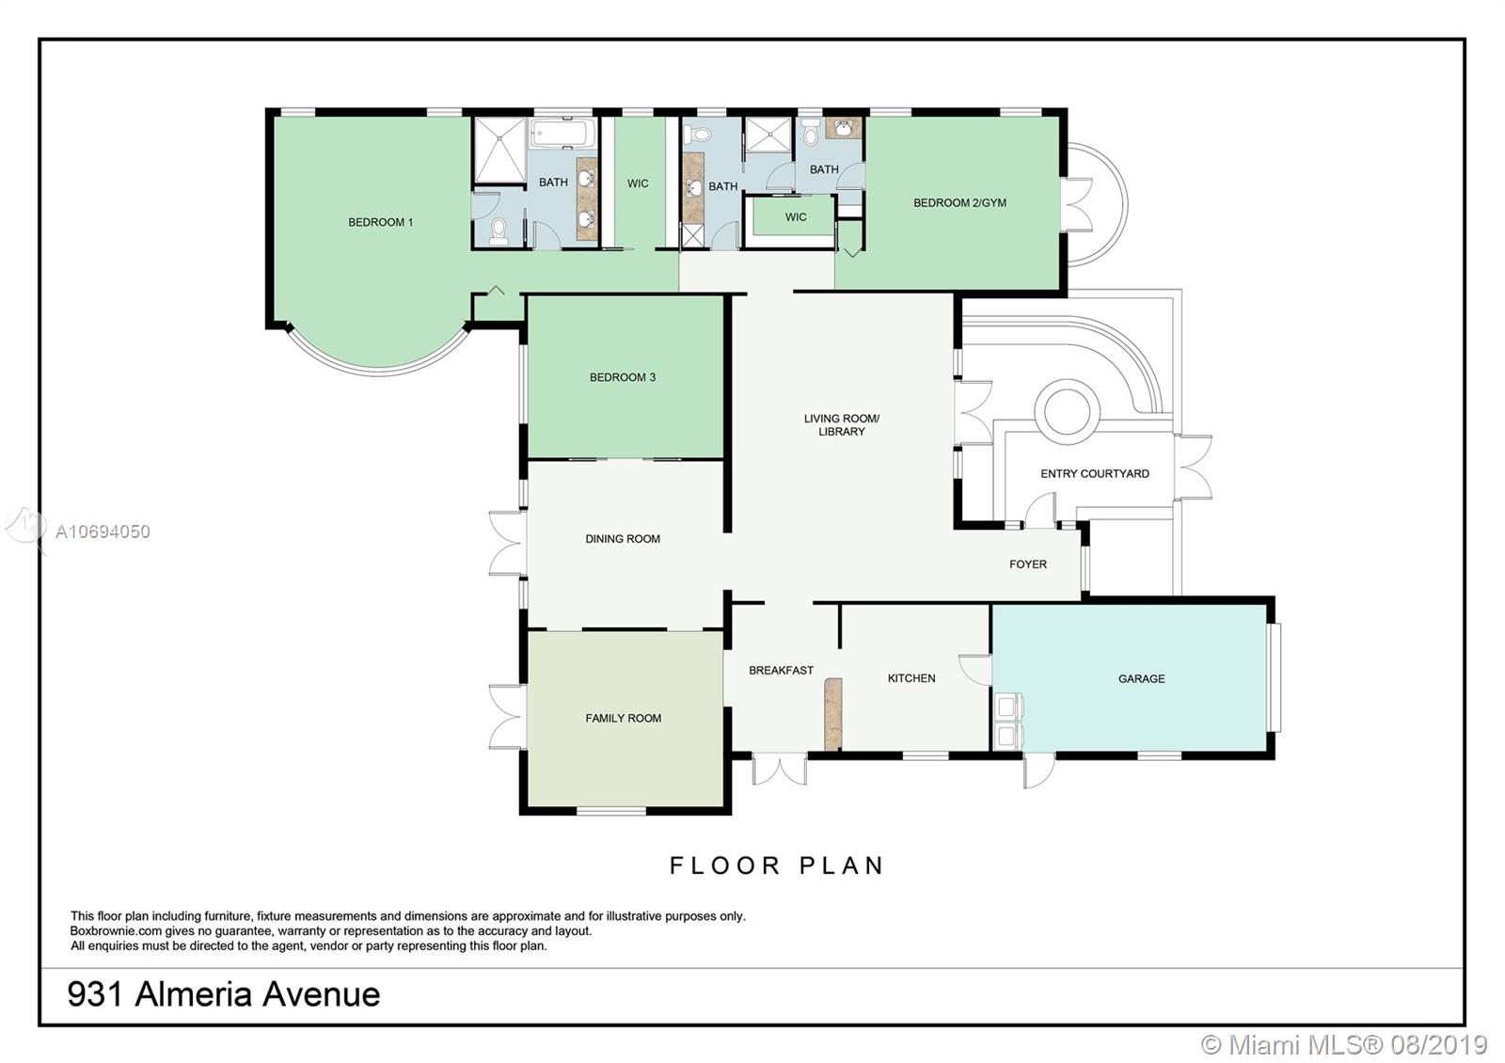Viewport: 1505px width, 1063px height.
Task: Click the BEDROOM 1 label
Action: click(380, 222)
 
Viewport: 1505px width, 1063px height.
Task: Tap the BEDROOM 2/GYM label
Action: click(959, 203)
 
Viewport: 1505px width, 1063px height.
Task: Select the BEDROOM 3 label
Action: click(622, 377)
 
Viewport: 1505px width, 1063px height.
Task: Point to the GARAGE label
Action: click(1142, 678)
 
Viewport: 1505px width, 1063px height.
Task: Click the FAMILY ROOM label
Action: click(624, 719)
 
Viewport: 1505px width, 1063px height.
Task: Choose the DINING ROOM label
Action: click(623, 539)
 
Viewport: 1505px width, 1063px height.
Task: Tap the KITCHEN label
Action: click(911, 678)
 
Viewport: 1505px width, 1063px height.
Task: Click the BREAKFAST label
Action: click(782, 671)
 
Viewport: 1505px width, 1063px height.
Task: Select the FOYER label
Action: click(1028, 564)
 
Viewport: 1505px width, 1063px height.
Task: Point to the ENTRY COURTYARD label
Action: click(1095, 474)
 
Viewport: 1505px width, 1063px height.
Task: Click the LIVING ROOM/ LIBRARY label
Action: click(842, 424)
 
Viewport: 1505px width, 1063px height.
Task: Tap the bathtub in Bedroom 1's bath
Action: click(563, 133)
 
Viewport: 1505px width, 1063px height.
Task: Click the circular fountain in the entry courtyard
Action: click(1067, 411)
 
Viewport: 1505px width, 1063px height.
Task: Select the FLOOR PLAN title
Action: click(777, 866)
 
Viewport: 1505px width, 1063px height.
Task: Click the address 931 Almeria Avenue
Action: click(224, 994)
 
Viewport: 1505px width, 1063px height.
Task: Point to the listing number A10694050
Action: click(103, 532)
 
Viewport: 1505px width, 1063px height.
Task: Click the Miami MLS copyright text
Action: click(1344, 1045)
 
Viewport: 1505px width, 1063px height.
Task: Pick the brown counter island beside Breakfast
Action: click(833, 714)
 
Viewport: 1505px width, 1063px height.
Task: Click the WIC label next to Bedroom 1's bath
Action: click(638, 183)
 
